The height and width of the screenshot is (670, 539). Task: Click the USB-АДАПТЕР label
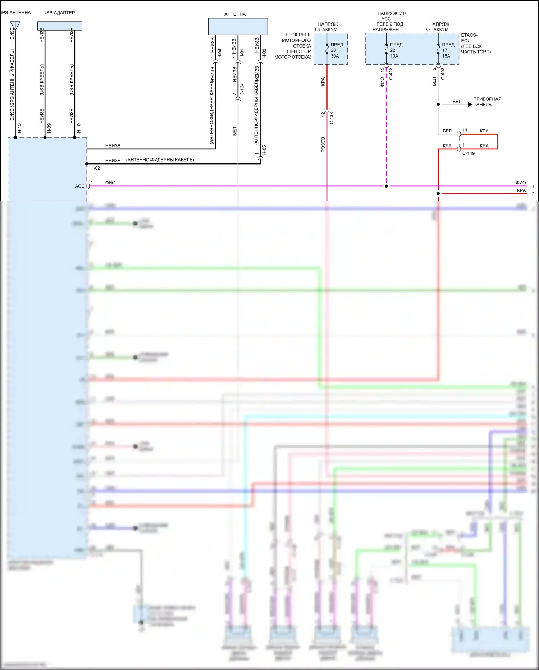pos(59,13)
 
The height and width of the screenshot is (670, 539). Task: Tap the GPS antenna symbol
pos(15,25)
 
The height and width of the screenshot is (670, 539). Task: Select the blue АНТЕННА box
pos(238,26)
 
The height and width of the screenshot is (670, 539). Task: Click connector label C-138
pos(332,118)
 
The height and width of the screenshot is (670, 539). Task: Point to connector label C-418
pos(391,73)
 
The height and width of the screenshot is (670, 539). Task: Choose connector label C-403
pos(443,73)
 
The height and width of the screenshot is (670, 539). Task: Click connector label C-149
pos(468,153)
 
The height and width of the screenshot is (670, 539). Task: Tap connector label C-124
pos(242,89)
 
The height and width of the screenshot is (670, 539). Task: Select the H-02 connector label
pos(95,168)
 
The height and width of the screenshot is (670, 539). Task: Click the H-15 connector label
pos(19,128)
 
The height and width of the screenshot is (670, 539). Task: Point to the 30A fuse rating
pos(335,56)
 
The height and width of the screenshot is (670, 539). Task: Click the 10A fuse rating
pos(394,56)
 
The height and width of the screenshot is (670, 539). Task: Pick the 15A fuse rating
pos(446,56)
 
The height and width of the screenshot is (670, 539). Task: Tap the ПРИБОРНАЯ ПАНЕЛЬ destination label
pos(487,102)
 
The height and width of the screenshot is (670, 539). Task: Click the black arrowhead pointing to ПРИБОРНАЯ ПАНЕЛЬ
pos(470,104)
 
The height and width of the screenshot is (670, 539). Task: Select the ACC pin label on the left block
pos(79,186)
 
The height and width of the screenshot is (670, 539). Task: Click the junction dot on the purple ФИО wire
pos(386,186)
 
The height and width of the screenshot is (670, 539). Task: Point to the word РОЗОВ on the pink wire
pos(323,144)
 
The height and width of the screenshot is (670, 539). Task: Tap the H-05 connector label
pos(264,150)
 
